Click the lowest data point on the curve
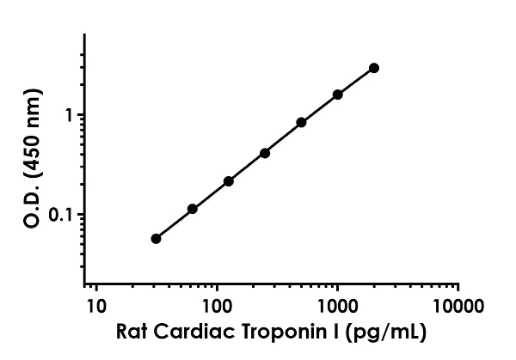coord(156,238)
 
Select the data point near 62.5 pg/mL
coord(193,209)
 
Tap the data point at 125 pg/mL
coord(229,181)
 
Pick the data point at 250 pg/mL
coord(265,153)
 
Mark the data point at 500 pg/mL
coord(301,122)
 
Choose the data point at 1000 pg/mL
coord(338,94)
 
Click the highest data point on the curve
coord(374,67)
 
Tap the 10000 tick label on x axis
coord(458,306)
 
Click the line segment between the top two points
coord(356,80)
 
